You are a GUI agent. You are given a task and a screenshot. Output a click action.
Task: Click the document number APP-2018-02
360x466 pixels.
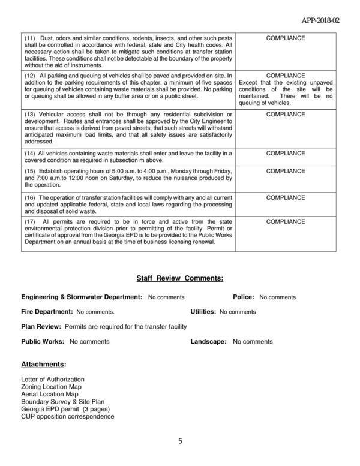320,20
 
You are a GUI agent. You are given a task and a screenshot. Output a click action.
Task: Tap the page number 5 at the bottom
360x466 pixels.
180,441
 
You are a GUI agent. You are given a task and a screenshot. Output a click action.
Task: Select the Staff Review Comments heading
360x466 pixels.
180,278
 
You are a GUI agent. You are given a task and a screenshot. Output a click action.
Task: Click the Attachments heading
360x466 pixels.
44,364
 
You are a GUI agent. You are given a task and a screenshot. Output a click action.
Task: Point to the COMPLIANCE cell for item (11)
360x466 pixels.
286,38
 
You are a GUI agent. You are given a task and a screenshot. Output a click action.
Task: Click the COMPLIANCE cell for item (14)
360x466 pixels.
286,153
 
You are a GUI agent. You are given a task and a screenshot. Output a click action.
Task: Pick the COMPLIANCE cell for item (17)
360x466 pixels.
286,221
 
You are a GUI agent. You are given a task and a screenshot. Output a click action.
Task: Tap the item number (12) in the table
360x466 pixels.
30,76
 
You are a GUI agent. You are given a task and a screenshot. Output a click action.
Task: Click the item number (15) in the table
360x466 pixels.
30,171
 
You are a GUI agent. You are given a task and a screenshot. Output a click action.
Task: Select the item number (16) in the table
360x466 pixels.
30,197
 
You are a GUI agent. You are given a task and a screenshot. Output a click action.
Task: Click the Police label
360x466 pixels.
244,297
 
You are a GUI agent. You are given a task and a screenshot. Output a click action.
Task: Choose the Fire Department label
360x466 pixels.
47,312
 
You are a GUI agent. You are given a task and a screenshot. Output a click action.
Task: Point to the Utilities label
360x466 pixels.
203,312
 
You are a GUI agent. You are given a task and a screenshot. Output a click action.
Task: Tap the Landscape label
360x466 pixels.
208,342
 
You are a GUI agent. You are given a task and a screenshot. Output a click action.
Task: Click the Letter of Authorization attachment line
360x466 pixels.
53,380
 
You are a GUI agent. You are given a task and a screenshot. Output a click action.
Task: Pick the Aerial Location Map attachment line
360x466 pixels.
49,395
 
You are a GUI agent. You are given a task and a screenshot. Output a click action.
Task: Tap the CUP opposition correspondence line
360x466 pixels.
67,417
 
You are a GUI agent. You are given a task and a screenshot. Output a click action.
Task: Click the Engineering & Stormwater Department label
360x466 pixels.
82,297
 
